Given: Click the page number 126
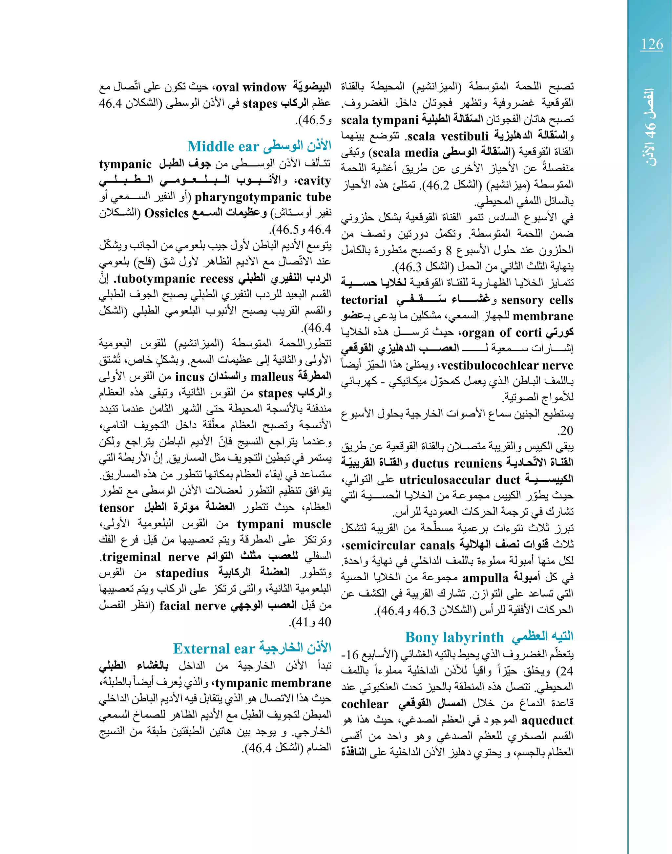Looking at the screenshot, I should (652, 44).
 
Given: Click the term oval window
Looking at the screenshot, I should (251, 87).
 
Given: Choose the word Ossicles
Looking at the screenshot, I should (167, 213).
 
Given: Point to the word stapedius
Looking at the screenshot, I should (182, 573).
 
